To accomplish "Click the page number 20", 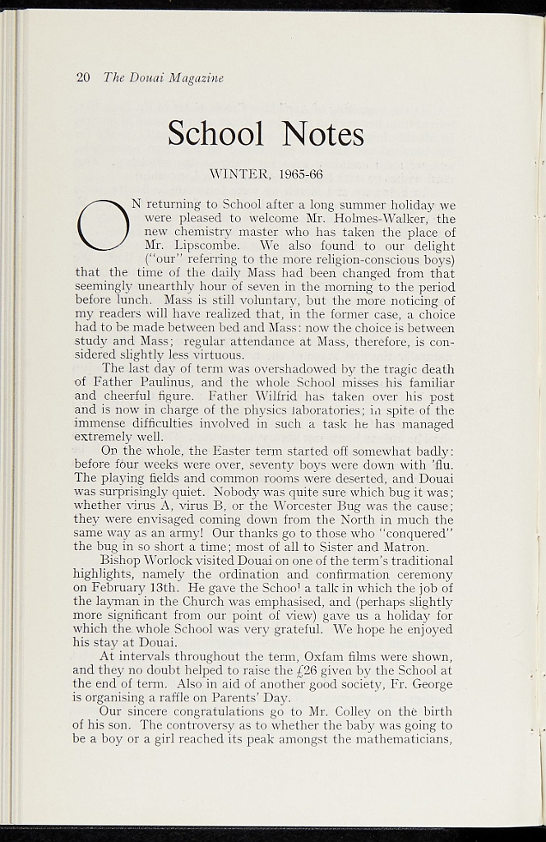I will [82, 78].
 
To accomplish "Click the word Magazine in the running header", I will [196, 78].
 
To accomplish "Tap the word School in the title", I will [215, 133].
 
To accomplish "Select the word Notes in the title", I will [322, 133].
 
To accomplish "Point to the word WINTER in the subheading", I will [239, 174].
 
